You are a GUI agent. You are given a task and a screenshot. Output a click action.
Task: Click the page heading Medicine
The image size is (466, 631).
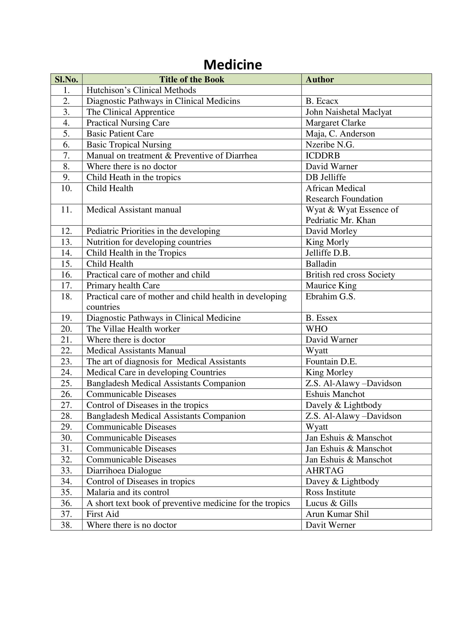point(233,65)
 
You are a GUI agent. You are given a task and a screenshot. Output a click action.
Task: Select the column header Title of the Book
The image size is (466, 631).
point(192,79)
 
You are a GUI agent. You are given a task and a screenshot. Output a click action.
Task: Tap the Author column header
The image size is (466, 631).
point(320,79)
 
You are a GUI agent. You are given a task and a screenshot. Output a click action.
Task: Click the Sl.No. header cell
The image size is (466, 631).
point(66,79)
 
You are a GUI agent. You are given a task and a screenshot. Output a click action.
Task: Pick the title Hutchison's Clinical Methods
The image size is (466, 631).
point(141,90)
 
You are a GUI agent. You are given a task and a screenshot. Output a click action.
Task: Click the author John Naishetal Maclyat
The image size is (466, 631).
point(348,112)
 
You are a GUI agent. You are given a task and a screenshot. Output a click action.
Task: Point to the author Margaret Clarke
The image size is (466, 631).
point(336,123)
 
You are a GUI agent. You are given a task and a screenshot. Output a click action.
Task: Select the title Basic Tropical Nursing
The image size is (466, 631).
point(129,145)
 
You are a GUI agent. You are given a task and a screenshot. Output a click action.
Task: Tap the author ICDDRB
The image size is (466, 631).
point(323,156)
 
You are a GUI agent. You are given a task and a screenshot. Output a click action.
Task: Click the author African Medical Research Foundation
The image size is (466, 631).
point(344,193)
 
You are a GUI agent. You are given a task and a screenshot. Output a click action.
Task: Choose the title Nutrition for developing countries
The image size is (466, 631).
point(149,242)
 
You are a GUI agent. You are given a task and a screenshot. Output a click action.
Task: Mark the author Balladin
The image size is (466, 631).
point(321,264)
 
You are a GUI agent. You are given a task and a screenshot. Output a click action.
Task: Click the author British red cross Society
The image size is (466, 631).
point(350,275)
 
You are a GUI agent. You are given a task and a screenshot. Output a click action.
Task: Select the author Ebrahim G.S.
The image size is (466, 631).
point(330,297)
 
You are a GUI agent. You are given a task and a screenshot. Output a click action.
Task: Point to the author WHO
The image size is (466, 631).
point(317,329)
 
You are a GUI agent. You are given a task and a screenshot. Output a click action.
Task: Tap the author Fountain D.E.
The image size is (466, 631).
point(331,361)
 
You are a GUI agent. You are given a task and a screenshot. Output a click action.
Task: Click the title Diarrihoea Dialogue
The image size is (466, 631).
point(124,470)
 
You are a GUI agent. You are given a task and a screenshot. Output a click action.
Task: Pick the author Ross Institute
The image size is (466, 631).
point(330,492)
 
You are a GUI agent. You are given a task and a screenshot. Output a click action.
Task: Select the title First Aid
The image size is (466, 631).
point(103,514)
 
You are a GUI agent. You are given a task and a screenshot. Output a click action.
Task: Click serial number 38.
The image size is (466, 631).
point(66,525)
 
